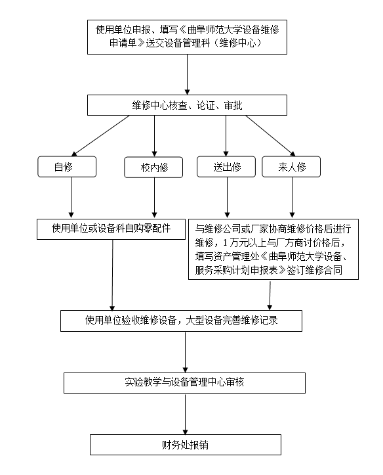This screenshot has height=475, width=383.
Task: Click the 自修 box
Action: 67,167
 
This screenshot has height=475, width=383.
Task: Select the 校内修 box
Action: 153,168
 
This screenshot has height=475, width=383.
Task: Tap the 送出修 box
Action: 226,167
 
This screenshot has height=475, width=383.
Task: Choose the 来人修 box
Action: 291,167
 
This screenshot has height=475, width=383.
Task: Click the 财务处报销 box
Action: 186,445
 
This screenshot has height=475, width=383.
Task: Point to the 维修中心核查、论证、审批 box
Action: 187,105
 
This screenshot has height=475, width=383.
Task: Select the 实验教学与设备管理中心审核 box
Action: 184,383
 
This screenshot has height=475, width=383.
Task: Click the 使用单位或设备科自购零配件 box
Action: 111,229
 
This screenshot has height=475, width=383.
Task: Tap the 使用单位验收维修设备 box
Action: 181,321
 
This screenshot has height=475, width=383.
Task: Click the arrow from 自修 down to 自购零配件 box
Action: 71,197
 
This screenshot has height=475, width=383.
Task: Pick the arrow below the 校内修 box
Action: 154,198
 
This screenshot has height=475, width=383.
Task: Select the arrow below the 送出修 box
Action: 227,197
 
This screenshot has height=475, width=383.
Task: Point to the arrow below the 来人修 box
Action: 292,197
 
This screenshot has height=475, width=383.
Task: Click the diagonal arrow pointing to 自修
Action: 100,136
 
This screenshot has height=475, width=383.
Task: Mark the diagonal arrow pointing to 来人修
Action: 270,136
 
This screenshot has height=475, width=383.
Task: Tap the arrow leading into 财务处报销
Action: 186,414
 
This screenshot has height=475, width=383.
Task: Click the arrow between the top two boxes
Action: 187,74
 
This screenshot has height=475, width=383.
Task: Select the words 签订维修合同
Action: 314,269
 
